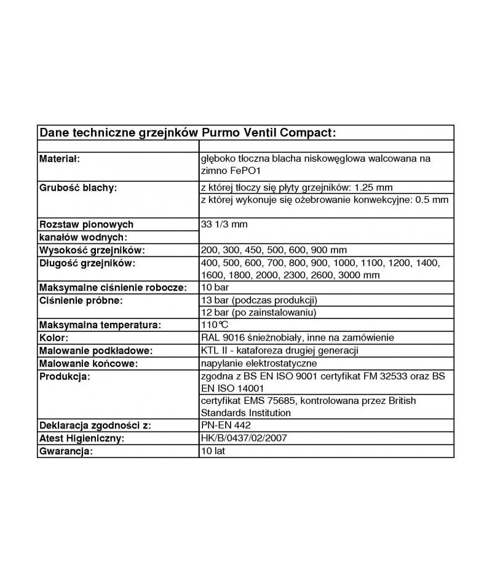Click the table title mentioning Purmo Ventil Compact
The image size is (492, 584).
187,133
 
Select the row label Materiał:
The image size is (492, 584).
60,159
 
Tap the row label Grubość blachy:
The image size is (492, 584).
78,187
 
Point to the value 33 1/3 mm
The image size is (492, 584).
224,224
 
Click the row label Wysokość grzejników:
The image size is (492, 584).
92,250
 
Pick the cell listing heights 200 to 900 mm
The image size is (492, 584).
274,250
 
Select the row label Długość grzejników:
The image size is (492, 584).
87,263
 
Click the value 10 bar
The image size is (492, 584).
215,288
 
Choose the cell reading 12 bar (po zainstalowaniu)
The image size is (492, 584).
259,313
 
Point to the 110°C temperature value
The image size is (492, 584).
215,325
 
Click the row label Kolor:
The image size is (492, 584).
54,337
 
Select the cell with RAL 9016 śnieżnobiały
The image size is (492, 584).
297,337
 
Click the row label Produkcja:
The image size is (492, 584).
65,376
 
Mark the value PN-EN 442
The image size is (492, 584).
226,425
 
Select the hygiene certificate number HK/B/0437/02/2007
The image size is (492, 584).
244,438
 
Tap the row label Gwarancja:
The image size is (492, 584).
66,451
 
